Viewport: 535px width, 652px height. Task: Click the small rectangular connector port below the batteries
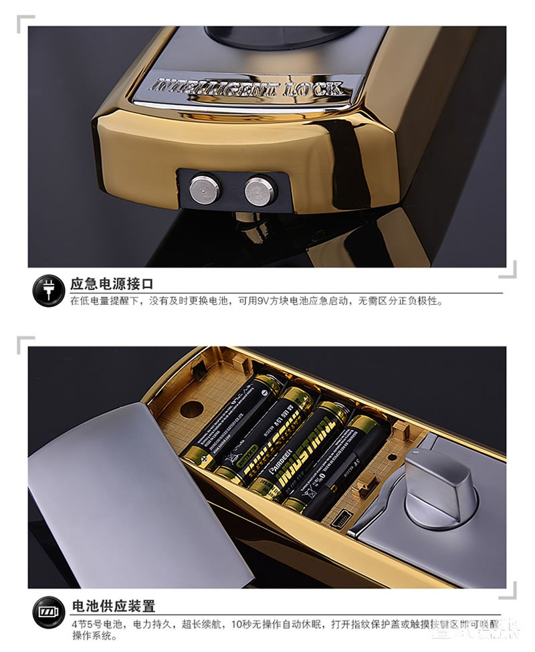340,518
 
